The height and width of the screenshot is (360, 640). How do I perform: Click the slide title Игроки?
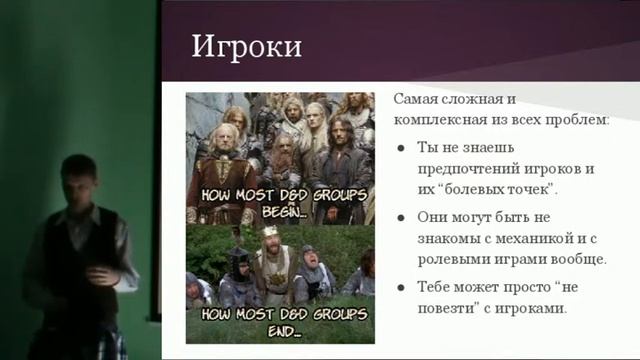click(x=246, y=47)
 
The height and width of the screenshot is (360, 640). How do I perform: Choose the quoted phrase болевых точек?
click(x=497, y=188)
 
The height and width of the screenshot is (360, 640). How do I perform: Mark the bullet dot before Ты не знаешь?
click(x=400, y=149)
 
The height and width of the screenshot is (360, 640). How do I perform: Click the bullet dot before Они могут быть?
click(x=400, y=218)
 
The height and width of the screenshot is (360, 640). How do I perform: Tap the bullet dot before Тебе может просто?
click(x=400, y=288)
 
